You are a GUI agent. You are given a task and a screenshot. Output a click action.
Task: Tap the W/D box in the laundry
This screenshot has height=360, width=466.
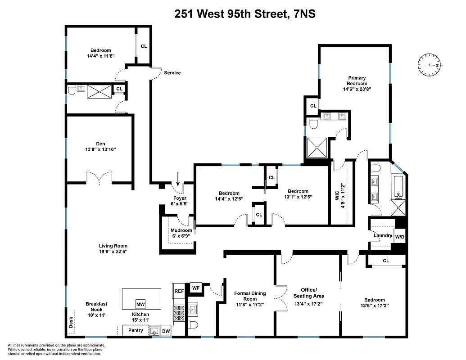tap(400, 237)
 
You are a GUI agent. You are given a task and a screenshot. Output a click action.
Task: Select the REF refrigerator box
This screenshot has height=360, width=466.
tap(179, 291)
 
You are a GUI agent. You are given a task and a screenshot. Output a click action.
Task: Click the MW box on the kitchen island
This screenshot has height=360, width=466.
tap(141, 303)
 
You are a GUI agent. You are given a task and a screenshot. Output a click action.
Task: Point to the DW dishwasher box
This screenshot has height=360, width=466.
tap(166, 331)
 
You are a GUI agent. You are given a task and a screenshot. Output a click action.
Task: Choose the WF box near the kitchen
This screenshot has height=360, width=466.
tap(195, 288)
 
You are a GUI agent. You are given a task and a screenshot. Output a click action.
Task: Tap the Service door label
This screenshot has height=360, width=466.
tap(172, 72)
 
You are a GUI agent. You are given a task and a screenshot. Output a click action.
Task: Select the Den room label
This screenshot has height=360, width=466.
tap(100, 144)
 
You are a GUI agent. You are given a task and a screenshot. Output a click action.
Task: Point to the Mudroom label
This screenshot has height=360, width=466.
tap(181, 231)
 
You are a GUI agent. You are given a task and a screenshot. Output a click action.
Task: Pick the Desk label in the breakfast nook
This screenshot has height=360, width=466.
tap(70, 322)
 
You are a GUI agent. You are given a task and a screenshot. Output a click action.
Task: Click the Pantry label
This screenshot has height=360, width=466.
tap(136, 331)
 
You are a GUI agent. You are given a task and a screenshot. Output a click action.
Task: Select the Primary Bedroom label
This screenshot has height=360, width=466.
tap(357, 81)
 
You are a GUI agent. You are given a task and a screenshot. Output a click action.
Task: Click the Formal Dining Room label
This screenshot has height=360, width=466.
tap(250, 296)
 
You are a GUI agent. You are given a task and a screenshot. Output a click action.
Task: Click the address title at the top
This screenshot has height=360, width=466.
tap(245, 14)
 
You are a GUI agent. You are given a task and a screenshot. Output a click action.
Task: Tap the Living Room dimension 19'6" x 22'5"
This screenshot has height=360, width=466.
tap(113, 252)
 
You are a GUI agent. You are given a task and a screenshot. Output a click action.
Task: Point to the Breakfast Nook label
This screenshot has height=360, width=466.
tap(96, 306)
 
